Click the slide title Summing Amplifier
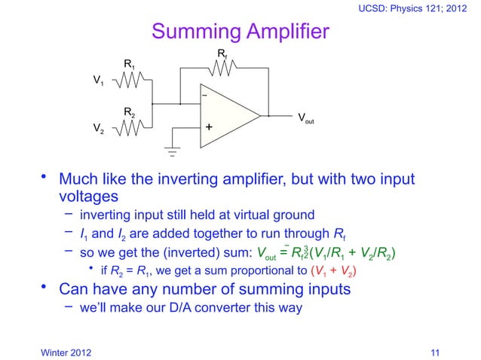pyautogui.click(x=240, y=32)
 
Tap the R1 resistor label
pyautogui.click(x=130, y=66)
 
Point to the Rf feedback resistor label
pyautogui.click(x=222, y=54)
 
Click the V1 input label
pyautogui.click(x=99, y=80)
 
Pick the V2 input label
pyautogui.click(x=99, y=129)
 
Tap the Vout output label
pyautogui.click(x=306, y=119)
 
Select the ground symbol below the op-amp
pyautogui.click(x=172, y=153)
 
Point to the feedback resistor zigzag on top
pyautogui.click(x=223, y=68)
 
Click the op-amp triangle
pyautogui.click(x=230, y=115)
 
